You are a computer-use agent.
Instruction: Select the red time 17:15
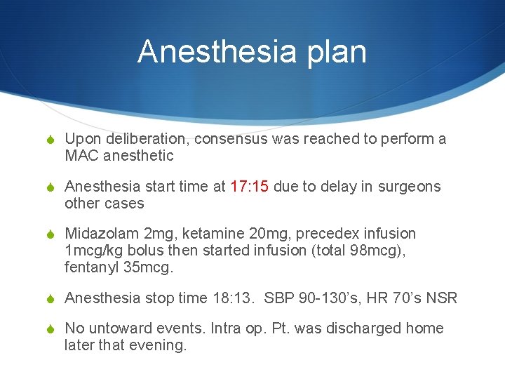(x=250, y=187)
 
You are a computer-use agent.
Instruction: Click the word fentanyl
(x=89, y=267)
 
